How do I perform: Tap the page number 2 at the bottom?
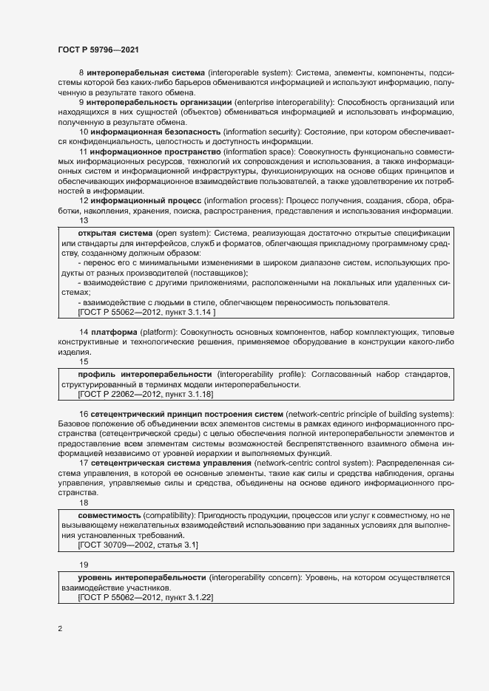pos(60,630)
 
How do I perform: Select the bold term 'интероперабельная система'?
pos(146,74)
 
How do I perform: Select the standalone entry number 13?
pos(83,220)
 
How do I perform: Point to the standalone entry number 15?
pos(83,362)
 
